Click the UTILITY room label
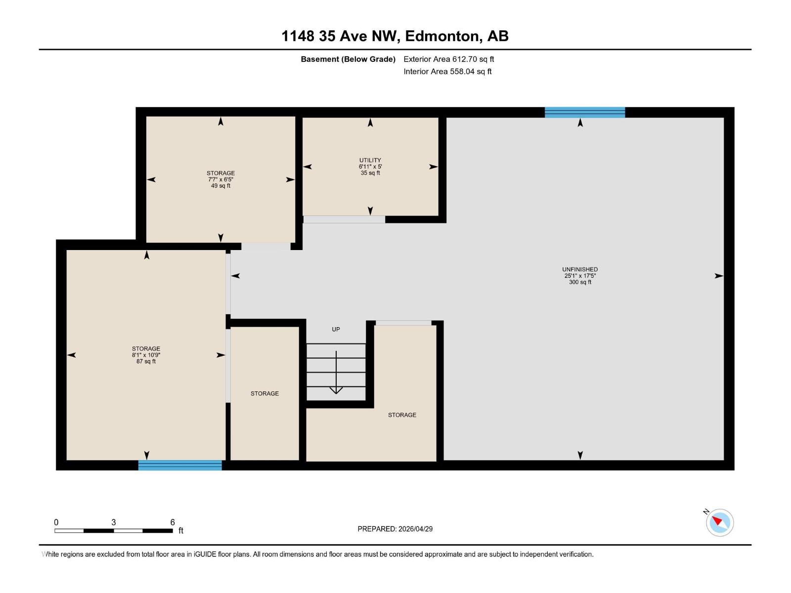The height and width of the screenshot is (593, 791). (x=370, y=160)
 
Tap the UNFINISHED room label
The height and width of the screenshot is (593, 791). (x=580, y=269)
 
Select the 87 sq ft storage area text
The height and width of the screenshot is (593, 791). (x=146, y=361)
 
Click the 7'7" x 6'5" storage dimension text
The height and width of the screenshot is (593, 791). (x=220, y=180)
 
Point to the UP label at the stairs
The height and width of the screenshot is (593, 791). (x=336, y=329)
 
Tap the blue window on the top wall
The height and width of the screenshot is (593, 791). (x=585, y=112)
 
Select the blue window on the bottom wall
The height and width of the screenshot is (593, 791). (x=180, y=465)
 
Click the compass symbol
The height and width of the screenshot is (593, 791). (x=720, y=522)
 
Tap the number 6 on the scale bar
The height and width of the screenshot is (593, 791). (x=173, y=522)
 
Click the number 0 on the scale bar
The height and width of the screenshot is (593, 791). (x=56, y=522)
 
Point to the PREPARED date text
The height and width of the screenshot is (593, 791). (x=395, y=529)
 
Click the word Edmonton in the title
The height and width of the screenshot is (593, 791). (x=443, y=36)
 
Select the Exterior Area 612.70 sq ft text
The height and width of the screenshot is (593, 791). (x=448, y=59)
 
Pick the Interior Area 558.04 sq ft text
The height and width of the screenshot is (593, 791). (x=447, y=72)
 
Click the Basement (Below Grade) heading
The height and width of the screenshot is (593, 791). (x=348, y=59)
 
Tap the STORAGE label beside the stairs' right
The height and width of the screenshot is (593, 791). (x=402, y=415)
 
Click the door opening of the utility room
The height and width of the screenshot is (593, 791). (x=344, y=219)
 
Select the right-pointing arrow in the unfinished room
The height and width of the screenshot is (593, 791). (x=719, y=276)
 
